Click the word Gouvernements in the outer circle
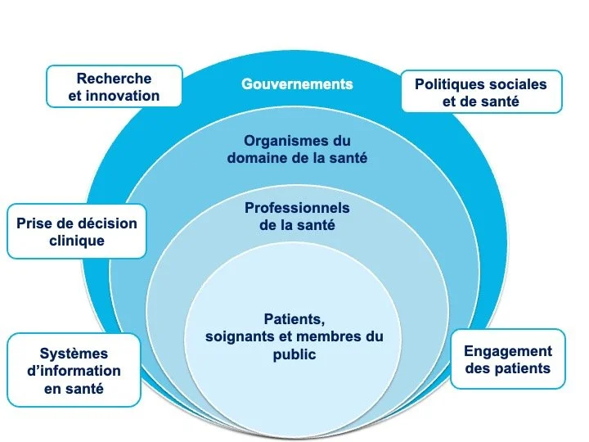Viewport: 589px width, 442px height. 297,84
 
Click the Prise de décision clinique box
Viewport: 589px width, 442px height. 76,232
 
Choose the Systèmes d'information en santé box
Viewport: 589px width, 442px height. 74,370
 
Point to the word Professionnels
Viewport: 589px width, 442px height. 297,209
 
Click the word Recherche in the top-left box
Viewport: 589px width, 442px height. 115,79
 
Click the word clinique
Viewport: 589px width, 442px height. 76,241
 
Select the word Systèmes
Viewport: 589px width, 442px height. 74,354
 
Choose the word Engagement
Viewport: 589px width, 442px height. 508,351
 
